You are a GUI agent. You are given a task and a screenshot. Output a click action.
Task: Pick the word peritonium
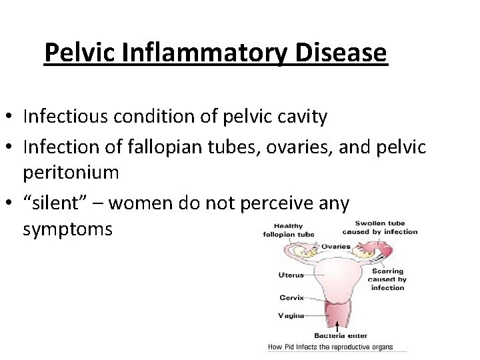click(71, 173)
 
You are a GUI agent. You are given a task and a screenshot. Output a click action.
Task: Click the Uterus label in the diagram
click(291, 275)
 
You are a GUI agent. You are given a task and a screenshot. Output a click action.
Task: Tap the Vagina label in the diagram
click(291, 315)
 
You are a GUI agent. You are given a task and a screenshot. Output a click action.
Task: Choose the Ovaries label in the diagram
click(335, 247)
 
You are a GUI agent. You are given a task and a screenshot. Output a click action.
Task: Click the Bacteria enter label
click(341, 335)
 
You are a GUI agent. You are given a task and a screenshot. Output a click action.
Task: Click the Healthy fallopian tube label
click(289, 230)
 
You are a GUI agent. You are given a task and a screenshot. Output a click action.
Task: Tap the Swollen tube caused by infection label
click(380, 227)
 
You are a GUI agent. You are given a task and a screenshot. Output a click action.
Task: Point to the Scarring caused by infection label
click(387, 279)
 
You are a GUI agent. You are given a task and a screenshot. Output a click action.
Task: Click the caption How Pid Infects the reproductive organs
click(330, 347)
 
